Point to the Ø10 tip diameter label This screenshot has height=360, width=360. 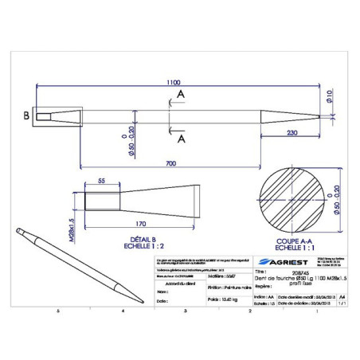point(330,97)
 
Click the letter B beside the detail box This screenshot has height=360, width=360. point(25,115)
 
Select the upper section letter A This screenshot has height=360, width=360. point(181,93)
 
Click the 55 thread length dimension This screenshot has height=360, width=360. point(102,182)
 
